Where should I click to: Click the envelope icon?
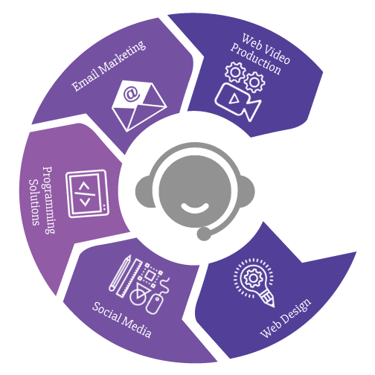139,106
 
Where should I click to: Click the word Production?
256,59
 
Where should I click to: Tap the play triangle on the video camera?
234,99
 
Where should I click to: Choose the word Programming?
49,200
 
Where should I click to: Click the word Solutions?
34,202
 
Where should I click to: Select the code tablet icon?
88,193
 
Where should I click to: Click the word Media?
136,327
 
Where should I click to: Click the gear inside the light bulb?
253,278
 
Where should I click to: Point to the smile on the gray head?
195,208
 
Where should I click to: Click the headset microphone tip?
203,234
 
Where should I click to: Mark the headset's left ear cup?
144,191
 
